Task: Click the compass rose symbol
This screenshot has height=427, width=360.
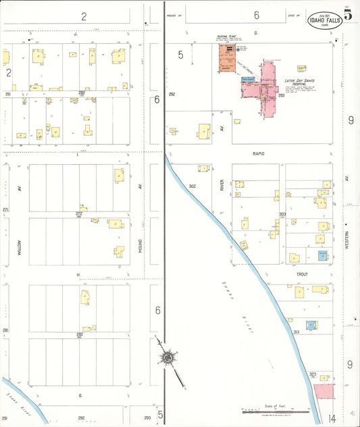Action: tap(167, 357)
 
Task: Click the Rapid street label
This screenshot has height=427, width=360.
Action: tap(258, 154)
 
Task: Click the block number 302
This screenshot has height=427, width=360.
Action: tap(192, 186)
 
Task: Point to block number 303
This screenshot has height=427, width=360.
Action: tap(282, 214)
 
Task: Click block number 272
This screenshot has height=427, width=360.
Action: tap(79, 214)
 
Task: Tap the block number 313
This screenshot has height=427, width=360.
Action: tap(296, 332)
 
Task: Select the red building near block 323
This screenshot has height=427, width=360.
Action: tap(324, 391)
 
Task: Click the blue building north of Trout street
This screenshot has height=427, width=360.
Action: tap(323, 255)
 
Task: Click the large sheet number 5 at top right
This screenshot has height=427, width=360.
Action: tap(348, 16)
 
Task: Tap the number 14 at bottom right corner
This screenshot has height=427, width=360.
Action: tap(332, 419)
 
